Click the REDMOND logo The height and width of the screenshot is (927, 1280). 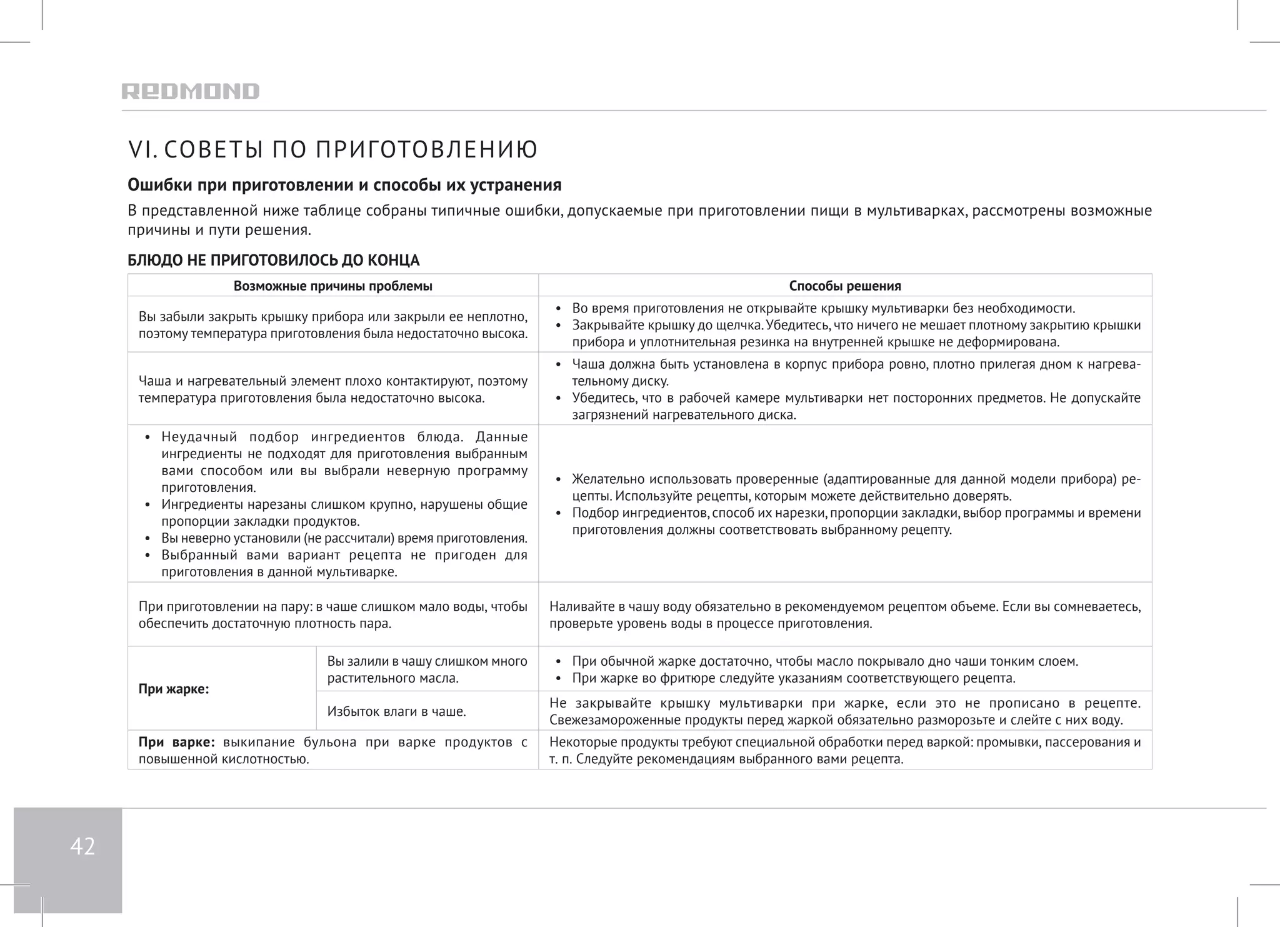pos(190,91)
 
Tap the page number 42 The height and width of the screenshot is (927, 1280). pos(82,847)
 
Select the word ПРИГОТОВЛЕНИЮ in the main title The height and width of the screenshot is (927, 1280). pos(426,150)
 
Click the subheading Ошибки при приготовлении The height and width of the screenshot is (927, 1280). pos(344,185)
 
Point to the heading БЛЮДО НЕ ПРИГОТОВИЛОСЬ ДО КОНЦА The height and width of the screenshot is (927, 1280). pos(273,260)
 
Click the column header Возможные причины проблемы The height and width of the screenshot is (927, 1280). pos(332,286)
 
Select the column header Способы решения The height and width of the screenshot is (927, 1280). pos(844,286)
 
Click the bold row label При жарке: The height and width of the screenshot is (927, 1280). pos(173,689)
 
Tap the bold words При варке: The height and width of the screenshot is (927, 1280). pos(176,743)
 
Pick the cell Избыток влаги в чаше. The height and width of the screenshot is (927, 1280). pos(396,711)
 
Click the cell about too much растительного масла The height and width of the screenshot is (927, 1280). pos(427,669)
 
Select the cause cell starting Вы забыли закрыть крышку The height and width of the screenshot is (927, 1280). pos(332,325)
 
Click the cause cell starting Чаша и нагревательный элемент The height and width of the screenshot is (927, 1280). pos(332,389)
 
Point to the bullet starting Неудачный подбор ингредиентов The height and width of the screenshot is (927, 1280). pos(344,462)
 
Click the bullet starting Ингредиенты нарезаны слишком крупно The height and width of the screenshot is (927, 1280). pos(344,513)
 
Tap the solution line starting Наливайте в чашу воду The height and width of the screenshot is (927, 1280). pos(844,615)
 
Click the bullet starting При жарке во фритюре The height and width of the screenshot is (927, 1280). pos(793,678)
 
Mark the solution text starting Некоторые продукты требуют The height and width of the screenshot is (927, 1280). pos(844,751)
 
